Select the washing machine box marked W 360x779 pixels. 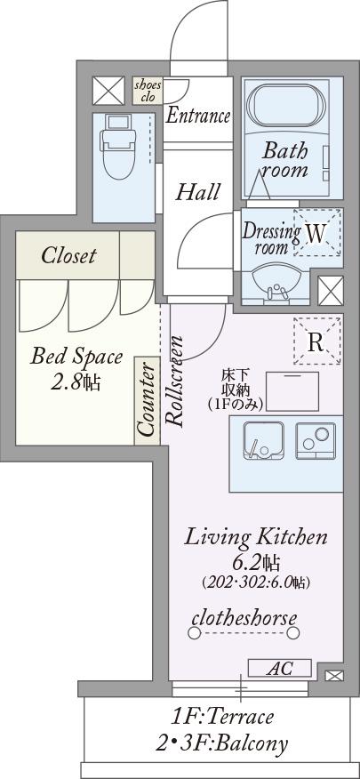click(316, 232)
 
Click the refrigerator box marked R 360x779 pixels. click(316, 341)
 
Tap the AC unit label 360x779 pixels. click(280, 668)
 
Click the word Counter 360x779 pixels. click(147, 400)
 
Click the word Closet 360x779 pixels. click(68, 255)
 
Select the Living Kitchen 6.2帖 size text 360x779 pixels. click(256, 550)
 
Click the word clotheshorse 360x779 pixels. click(244, 618)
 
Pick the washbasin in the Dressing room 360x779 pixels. click(276, 284)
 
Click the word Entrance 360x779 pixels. click(197, 116)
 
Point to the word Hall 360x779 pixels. click(197, 192)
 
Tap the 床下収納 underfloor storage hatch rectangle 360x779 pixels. click(292, 391)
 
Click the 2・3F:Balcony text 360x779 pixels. click(222, 743)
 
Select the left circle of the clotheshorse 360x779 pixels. click(194, 633)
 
